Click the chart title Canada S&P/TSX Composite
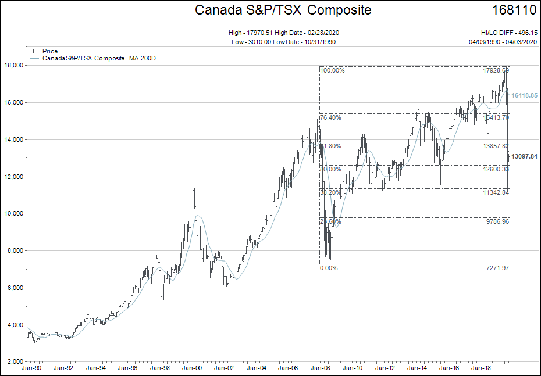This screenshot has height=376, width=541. (x=283, y=10)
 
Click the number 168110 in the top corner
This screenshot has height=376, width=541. (x=514, y=10)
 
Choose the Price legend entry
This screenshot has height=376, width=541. (x=50, y=51)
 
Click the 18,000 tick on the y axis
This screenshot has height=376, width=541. (x=13, y=66)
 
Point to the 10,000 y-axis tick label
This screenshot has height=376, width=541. (x=13, y=214)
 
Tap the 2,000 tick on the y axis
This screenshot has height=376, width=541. (x=15, y=362)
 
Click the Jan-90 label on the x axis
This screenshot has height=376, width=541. (x=31, y=368)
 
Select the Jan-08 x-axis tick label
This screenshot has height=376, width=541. (x=319, y=368)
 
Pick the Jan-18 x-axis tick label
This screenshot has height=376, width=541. (x=479, y=368)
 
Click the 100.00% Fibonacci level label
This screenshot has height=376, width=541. (x=333, y=71)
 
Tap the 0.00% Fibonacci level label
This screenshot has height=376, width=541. (x=329, y=268)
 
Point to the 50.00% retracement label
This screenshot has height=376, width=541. (x=331, y=169)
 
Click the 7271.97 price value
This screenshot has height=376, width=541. (x=497, y=268)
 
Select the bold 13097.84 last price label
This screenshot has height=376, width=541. (x=524, y=157)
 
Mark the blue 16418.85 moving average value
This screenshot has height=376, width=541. (x=524, y=95)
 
